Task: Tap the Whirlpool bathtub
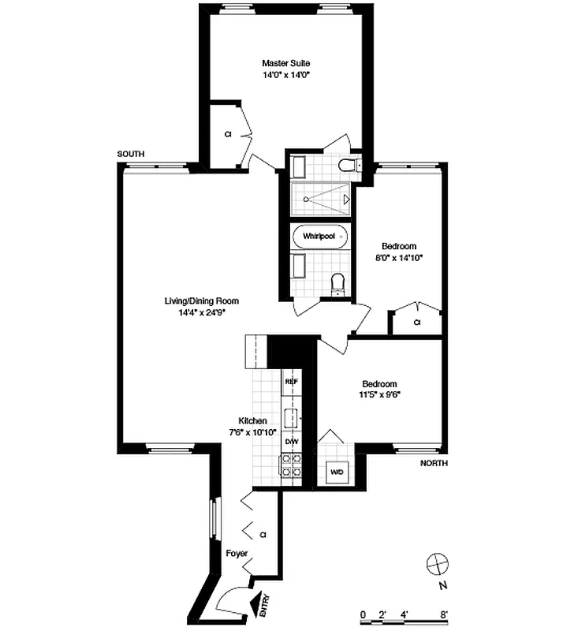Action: pyautogui.click(x=319, y=236)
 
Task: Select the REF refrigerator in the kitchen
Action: pyautogui.click(x=290, y=381)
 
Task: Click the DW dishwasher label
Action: pyautogui.click(x=290, y=442)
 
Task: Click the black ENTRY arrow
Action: pyautogui.click(x=258, y=604)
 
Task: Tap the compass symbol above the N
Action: pyautogui.click(x=436, y=565)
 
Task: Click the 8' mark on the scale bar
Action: pyautogui.click(x=445, y=613)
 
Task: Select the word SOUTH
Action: pyautogui.click(x=131, y=154)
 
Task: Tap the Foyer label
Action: pyautogui.click(x=237, y=554)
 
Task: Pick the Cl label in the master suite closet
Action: pyautogui.click(x=228, y=134)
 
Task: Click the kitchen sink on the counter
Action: pyautogui.click(x=290, y=417)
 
